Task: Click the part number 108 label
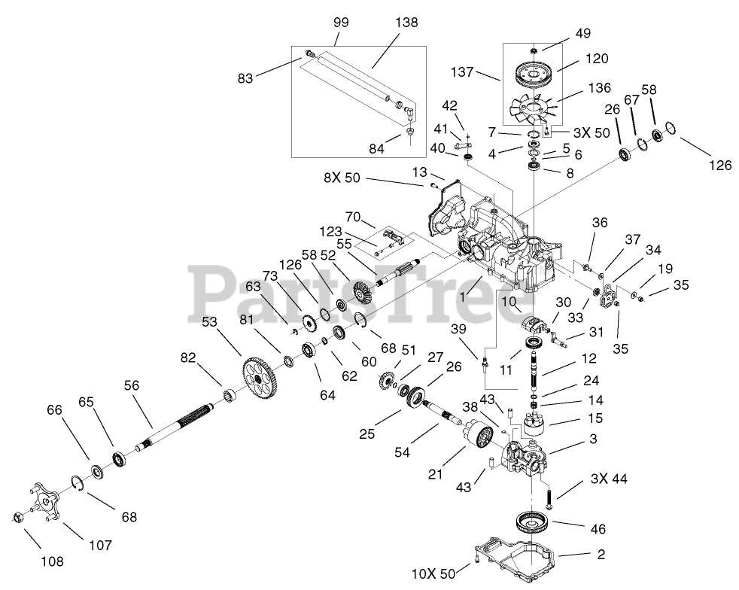(x=52, y=561)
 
